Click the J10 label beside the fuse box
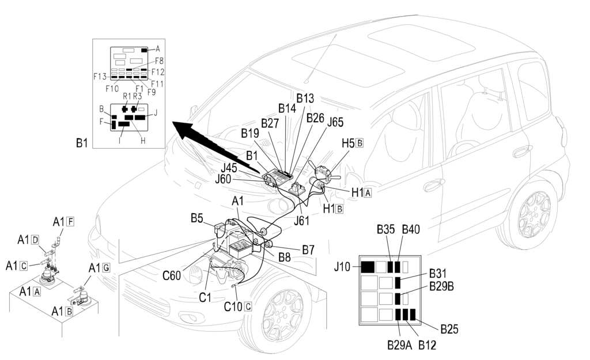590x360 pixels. click(342, 267)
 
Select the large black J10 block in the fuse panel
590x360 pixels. click(368, 267)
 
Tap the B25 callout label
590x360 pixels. click(449, 329)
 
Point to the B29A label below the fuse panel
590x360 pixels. click(400, 345)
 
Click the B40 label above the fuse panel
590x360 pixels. click(411, 229)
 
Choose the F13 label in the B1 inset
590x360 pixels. click(100, 77)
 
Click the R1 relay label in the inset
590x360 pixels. click(127, 96)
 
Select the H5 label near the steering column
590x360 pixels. click(348, 143)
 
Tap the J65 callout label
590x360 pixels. click(335, 122)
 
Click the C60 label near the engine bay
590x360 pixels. click(172, 275)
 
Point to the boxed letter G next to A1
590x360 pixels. click(106, 268)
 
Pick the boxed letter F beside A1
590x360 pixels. click(70, 222)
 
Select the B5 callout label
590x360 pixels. click(197, 218)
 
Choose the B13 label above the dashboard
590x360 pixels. click(305, 98)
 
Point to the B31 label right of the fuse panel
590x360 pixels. click(438, 274)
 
